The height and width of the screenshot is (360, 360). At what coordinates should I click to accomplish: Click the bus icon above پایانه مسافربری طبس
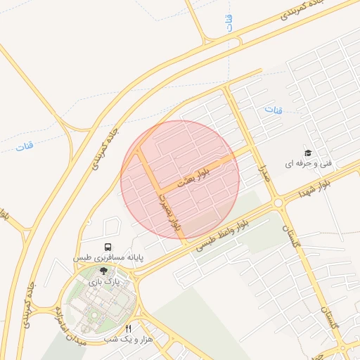coord(108,247)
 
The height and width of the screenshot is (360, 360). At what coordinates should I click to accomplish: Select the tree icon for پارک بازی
coord(104,270)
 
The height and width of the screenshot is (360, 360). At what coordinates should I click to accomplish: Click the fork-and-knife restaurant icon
coord(128,328)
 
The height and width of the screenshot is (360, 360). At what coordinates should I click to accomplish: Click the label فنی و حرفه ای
coord(307,163)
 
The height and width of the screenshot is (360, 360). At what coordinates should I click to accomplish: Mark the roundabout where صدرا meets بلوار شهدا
coord(279,203)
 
